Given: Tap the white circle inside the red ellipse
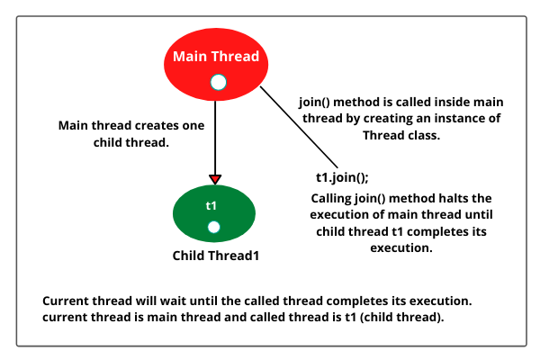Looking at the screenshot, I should (216, 83).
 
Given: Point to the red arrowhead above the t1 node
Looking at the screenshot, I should (214, 178).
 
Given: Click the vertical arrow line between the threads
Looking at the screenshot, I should (214, 135).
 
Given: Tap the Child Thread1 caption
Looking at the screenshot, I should (216, 256).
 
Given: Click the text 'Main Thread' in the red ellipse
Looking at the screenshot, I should (216, 57).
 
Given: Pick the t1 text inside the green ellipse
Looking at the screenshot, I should (211, 205).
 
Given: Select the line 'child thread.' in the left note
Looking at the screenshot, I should (131, 141).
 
